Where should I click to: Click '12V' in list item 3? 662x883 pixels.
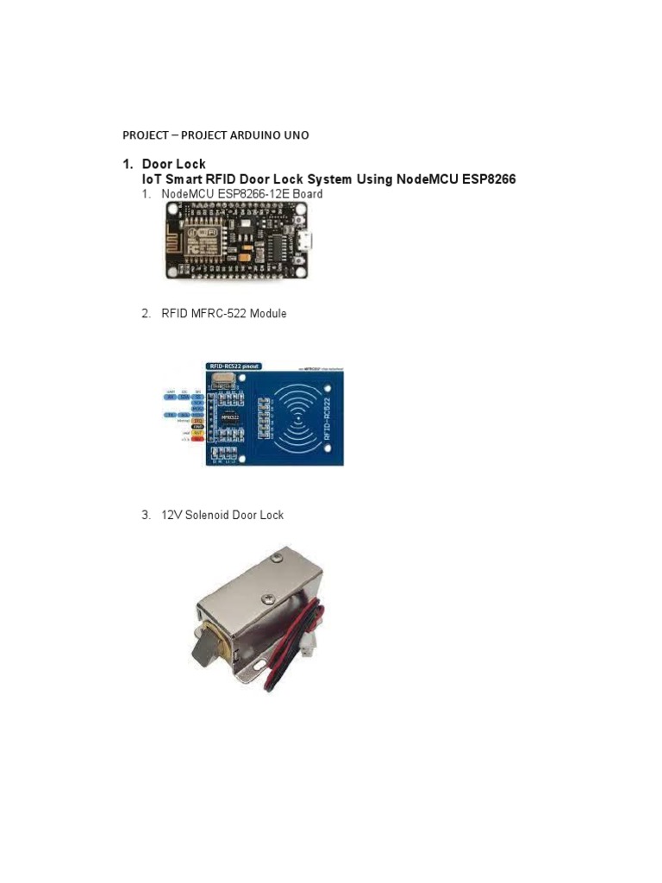pyautogui.click(x=171, y=515)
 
